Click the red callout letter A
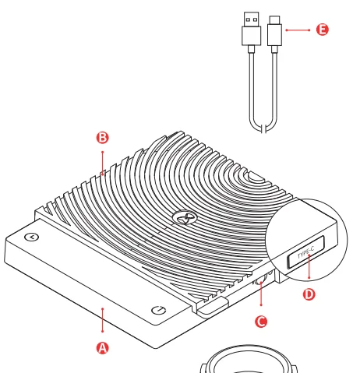click(x=103, y=348)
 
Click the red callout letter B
click(x=103, y=138)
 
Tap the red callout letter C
click(x=261, y=322)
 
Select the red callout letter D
click(x=309, y=294)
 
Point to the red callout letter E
click(x=323, y=30)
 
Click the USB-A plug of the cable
click(x=252, y=29)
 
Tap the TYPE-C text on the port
click(x=305, y=252)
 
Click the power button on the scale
click(x=158, y=310)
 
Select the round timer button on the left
click(x=32, y=237)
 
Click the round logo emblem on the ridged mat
click(x=185, y=218)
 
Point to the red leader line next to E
click(x=298, y=30)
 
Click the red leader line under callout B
click(x=103, y=163)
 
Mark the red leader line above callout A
click(x=103, y=320)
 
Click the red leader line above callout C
click(x=261, y=294)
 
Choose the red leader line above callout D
click(x=309, y=266)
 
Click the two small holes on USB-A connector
click(x=252, y=19)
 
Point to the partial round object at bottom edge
click(x=249, y=360)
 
